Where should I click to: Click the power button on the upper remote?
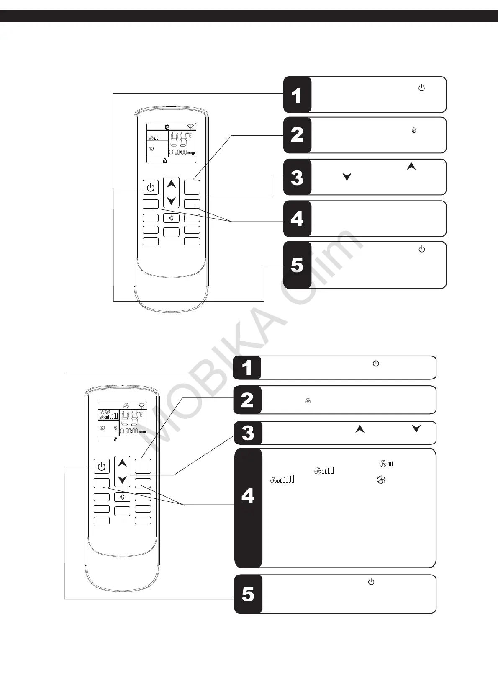pyautogui.click(x=151, y=187)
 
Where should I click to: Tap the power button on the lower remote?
pyautogui.click(x=102, y=466)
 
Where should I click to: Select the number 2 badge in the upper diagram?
pyautogui.click(x=297, y=135)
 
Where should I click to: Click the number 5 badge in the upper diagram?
pyautogui.click(x=297, y=265)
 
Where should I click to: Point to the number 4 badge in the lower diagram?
pyautogui.click(x=248, y=496)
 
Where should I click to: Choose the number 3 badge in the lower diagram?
pyautogui.click(x=248, y=433)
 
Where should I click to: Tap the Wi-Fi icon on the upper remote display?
pyautogui.click(x=191, y=127)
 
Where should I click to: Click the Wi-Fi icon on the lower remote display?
pyautogui.click(x=142, y=405)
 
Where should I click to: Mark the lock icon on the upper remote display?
pyautogui.click(x=165, y=160)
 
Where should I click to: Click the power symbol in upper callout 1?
pyautogui.click(x=421, y=88)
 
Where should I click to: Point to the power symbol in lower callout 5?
pyautogui.click(x=371, y=582)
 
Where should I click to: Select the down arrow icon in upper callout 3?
pyautogui.click(x=347, y=177)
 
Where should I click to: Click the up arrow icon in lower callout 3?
pyautogui.click(x=360, y=429)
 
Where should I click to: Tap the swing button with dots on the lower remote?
pyautogui.click(x=122, y=497)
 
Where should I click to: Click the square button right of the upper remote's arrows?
pyautogui.click(x=192, y=187)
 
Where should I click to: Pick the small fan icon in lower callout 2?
pyautogui.click(x=308, y=401)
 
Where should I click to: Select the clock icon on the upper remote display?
pyautogui.click(x=171, y=152)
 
